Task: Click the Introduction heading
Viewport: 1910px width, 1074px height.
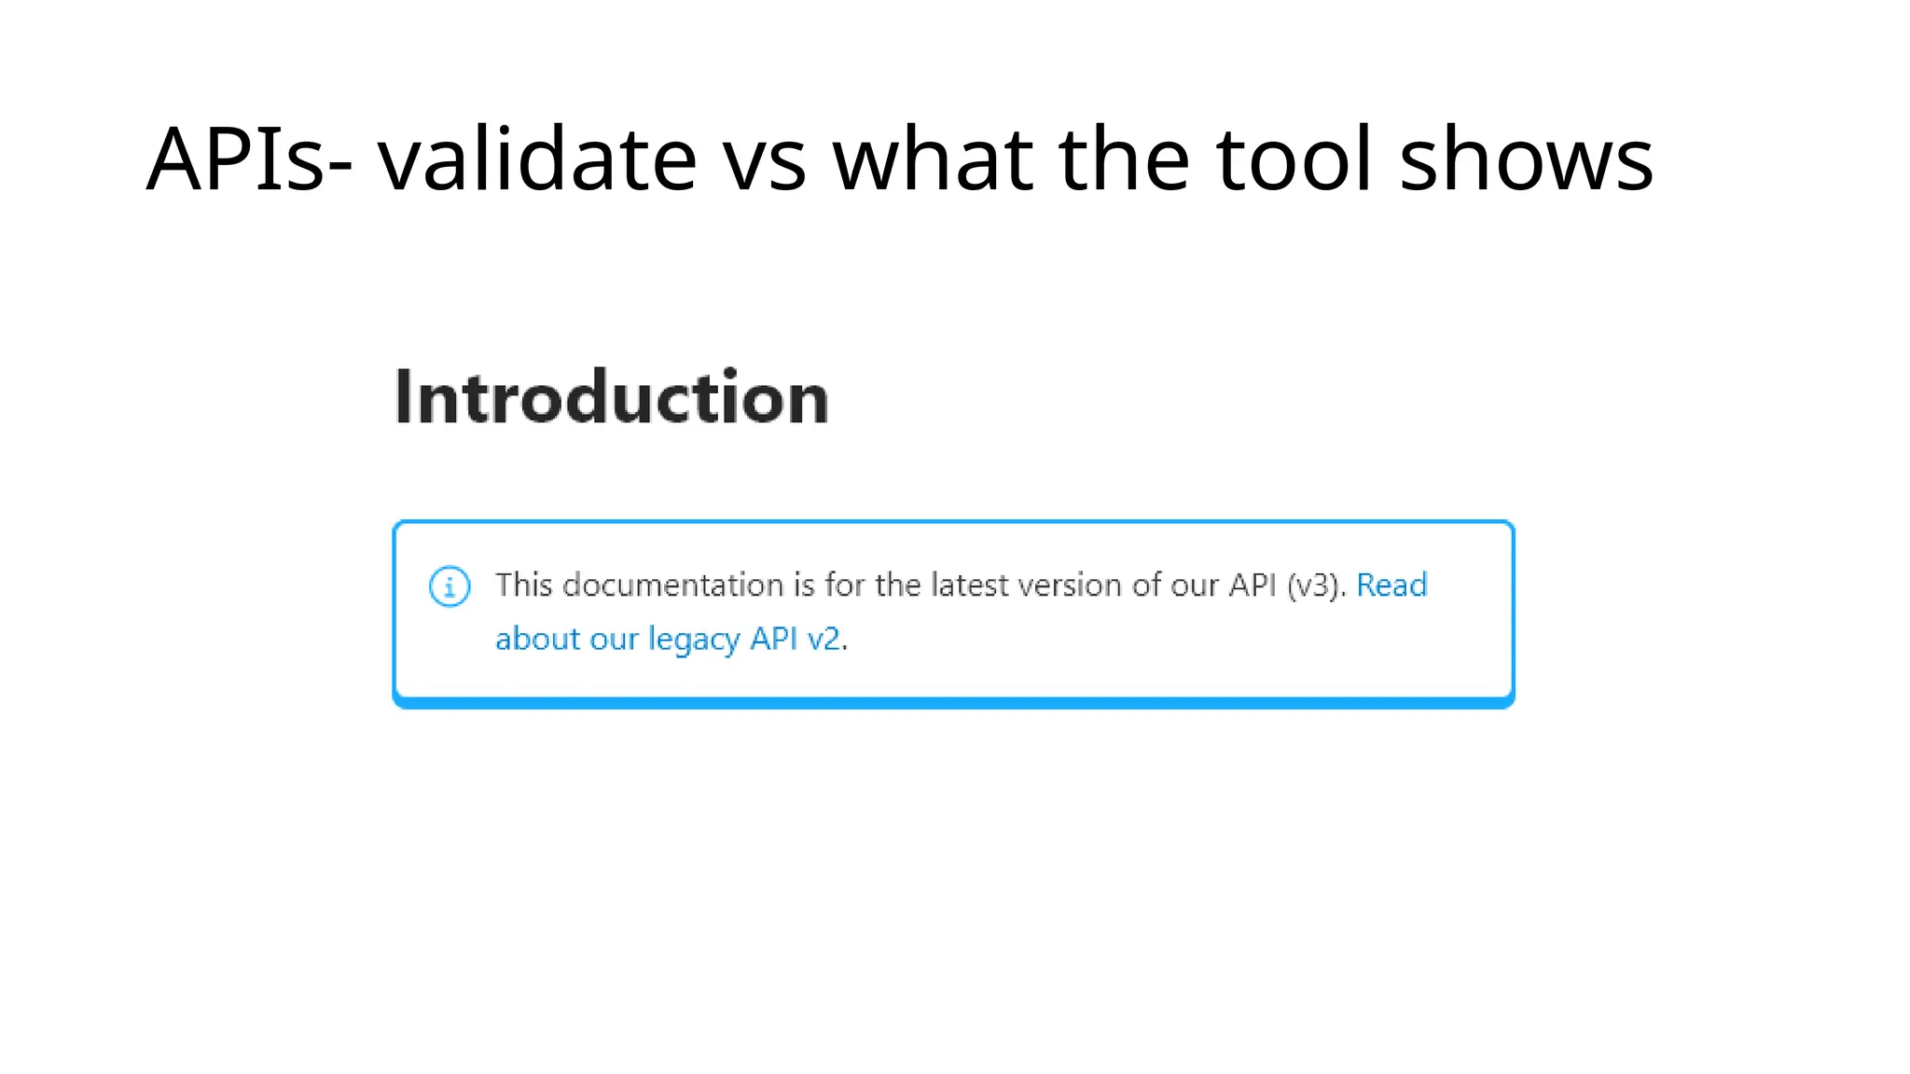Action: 612,398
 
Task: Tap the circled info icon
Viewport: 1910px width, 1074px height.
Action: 450,586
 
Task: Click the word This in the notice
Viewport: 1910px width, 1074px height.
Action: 524,585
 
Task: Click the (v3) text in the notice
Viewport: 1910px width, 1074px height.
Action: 1316,585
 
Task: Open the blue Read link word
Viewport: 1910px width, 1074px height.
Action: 1391,585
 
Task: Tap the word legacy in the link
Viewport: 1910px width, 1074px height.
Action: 694,640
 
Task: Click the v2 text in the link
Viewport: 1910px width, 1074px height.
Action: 824,640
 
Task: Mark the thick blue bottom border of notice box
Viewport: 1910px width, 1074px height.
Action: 953,703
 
